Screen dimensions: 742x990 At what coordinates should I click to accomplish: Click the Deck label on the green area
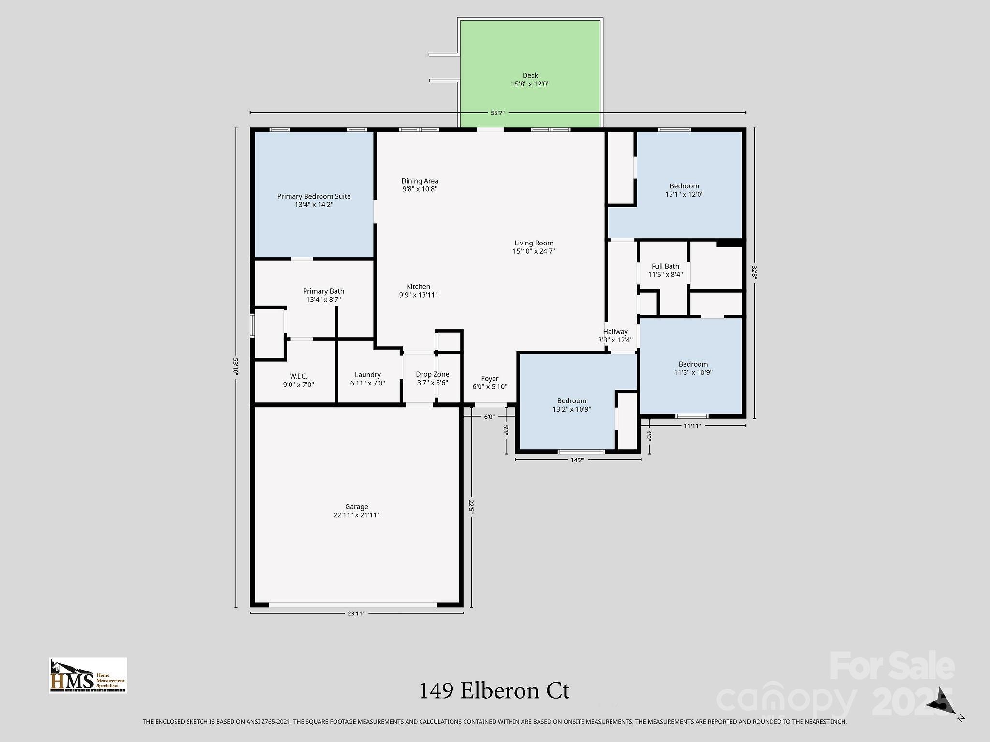[530, 75]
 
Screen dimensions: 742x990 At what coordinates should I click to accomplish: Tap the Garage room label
[357, 507]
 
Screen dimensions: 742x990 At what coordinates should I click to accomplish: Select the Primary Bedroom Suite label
[314, 196]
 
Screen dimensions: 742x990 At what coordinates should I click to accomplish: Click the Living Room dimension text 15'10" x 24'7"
[534, 251]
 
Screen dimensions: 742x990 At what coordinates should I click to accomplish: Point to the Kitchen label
[418, 286]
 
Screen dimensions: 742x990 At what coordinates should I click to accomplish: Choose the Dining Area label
[420, 181]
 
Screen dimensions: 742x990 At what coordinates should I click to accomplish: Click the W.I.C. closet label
[298, 376]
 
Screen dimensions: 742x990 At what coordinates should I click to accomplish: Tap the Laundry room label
[367, 375]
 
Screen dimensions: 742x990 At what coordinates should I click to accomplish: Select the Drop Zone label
[433, 374]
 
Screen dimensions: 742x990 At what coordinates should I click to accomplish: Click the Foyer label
[490, 379]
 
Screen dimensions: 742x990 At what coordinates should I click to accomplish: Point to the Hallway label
[615, 332]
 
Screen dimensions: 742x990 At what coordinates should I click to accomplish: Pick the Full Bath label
[665, 266]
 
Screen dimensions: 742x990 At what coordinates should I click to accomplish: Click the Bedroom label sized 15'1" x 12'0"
[684, 186]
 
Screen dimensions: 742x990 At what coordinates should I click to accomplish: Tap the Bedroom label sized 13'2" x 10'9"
[572, 401]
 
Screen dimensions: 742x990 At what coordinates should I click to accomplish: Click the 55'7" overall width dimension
[497, 113]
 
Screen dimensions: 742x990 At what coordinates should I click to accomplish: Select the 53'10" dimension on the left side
[236, 367]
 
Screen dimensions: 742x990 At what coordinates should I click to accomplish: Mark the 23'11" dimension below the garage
[356, 614]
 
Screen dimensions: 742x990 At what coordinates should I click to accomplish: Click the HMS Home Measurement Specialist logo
[88, 675]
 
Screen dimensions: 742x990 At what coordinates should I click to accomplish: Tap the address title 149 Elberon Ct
[494, 691]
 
